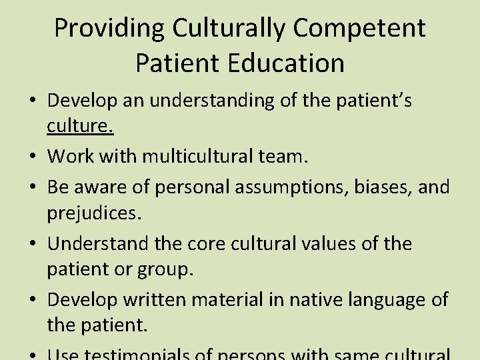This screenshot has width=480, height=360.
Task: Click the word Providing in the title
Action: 109,29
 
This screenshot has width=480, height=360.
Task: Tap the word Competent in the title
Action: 359,29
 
